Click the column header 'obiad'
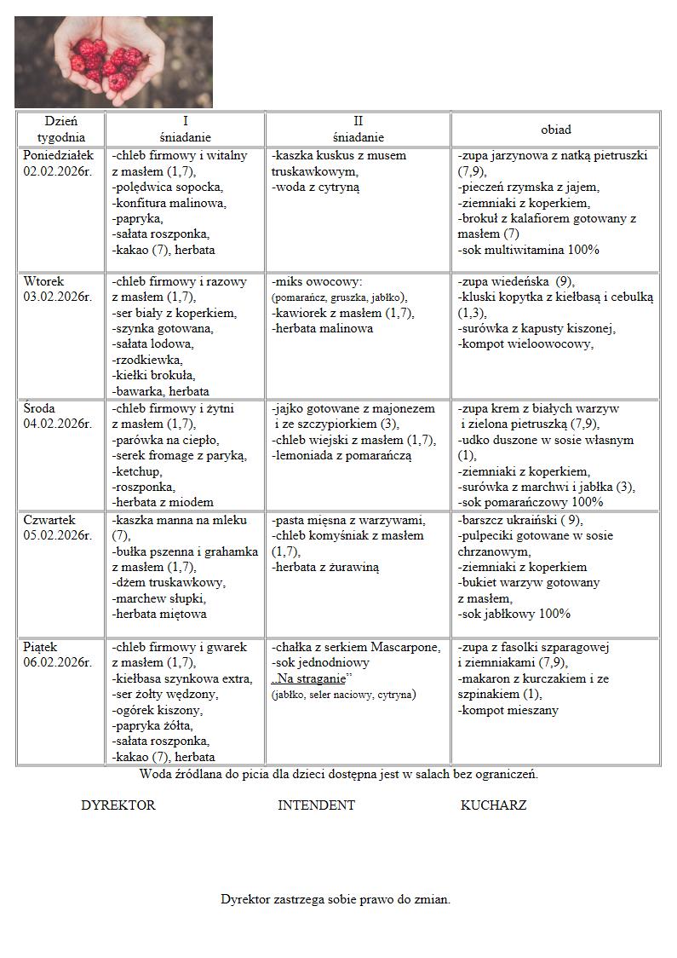(x=555, y=130)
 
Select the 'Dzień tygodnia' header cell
(x=61, y=129)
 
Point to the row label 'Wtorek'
(x=43, y=281)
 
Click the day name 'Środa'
(x=40, y=408)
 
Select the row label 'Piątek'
(x=42, y=647)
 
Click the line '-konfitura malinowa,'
(x=169, y=203)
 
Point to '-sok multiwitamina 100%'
(x=528, y=250)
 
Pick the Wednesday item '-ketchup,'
(x=137, y=471)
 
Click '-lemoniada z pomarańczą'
(x=341, y=456)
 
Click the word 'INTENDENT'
(x=316, y=805)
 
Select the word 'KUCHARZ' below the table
(x=493, y=805)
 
